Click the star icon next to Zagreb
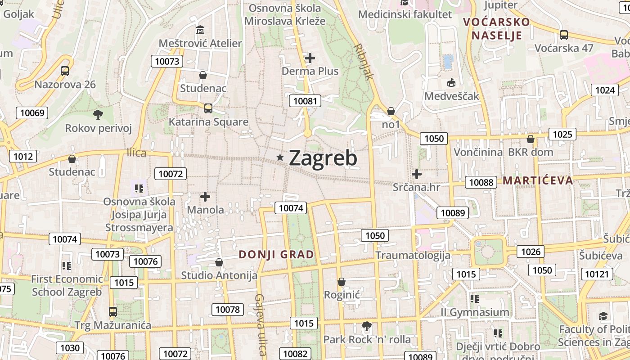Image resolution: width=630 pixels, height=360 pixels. point(280,157)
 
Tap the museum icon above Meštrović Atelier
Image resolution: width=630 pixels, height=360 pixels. point(201,30)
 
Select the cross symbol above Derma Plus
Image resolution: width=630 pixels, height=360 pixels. point(310,58)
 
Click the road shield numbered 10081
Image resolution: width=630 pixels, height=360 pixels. point(305,101)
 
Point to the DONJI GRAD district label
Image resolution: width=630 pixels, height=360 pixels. point(276,254)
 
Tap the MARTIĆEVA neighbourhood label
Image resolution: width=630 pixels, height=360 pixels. point(538,180)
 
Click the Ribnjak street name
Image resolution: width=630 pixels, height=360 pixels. point(364,62)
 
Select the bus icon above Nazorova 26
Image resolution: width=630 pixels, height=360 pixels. point(65,71)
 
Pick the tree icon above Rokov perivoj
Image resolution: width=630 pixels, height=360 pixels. point(98,115)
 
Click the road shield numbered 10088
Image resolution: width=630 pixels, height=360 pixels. point(481,182)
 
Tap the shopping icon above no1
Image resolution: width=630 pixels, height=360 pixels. point(391,111)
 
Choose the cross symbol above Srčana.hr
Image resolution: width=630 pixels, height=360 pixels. point(417,174)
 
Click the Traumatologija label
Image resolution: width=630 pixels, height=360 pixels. point(413,256)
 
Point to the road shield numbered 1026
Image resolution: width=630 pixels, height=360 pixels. point(531,252)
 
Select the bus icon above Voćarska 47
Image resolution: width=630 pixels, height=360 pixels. point(563,35)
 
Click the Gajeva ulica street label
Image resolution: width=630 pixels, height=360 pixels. point(260,324)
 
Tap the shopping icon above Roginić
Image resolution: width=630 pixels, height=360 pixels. point(342,282)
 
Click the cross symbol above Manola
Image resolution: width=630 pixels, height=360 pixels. point(205,197)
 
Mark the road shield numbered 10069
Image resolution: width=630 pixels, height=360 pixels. point(32,112)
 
